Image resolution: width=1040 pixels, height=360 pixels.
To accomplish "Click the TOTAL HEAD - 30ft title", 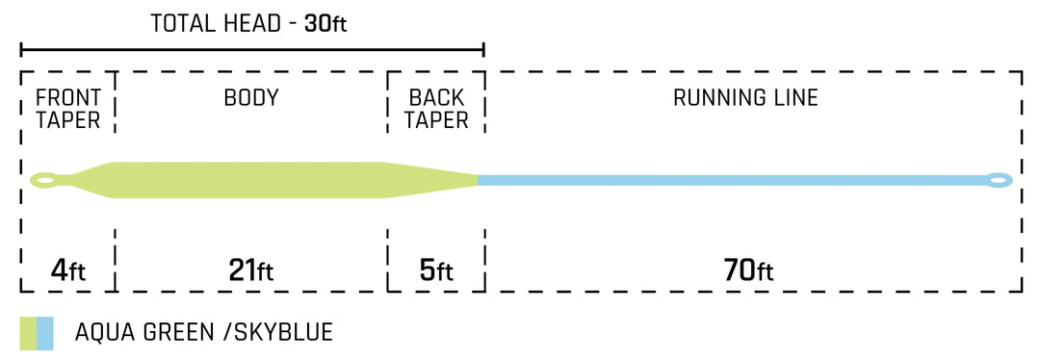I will tap(248, 23).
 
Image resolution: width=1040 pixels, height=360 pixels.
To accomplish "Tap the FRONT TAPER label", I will tap(67, 109).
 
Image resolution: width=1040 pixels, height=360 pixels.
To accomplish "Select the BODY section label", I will tap(251, 97).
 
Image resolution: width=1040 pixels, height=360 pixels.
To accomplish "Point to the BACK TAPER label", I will tap(436, 109).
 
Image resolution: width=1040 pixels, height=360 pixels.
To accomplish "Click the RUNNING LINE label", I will tap(745, 97).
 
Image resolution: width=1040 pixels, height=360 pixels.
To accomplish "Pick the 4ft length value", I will tap(67, 270).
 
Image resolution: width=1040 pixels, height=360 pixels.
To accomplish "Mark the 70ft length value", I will tap(747, 270).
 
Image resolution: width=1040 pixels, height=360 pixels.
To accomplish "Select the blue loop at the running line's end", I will tap(998, 179).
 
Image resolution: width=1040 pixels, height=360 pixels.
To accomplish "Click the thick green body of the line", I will tap(250, 180).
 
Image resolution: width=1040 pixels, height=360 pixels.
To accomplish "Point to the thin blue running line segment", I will tap(732, 180).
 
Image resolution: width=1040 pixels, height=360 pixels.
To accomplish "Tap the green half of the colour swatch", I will tap(27, 333).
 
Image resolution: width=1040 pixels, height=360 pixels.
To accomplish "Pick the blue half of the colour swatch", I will tap(44, 333).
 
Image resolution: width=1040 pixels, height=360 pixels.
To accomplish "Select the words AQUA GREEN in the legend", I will tap(144, 333).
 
